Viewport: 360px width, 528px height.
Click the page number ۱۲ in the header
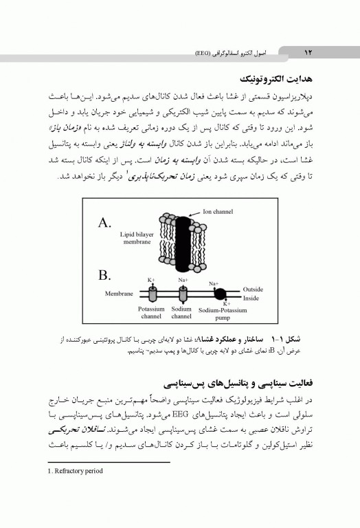tap(307, 52)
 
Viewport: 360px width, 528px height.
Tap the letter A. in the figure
tap(105, 223)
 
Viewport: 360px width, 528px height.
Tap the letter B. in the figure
tap(105, 275)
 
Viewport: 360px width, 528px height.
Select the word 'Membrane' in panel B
tap(118, 294)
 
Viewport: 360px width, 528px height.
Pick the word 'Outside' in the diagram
tap(253, 289)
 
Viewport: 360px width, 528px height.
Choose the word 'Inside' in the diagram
tap(251, 298)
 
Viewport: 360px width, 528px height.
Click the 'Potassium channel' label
tap(150, 313)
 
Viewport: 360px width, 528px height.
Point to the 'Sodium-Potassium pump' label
tap(221, 314)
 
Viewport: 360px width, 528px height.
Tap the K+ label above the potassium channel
tap(151, 280)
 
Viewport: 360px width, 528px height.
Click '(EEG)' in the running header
tap(204, 52)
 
